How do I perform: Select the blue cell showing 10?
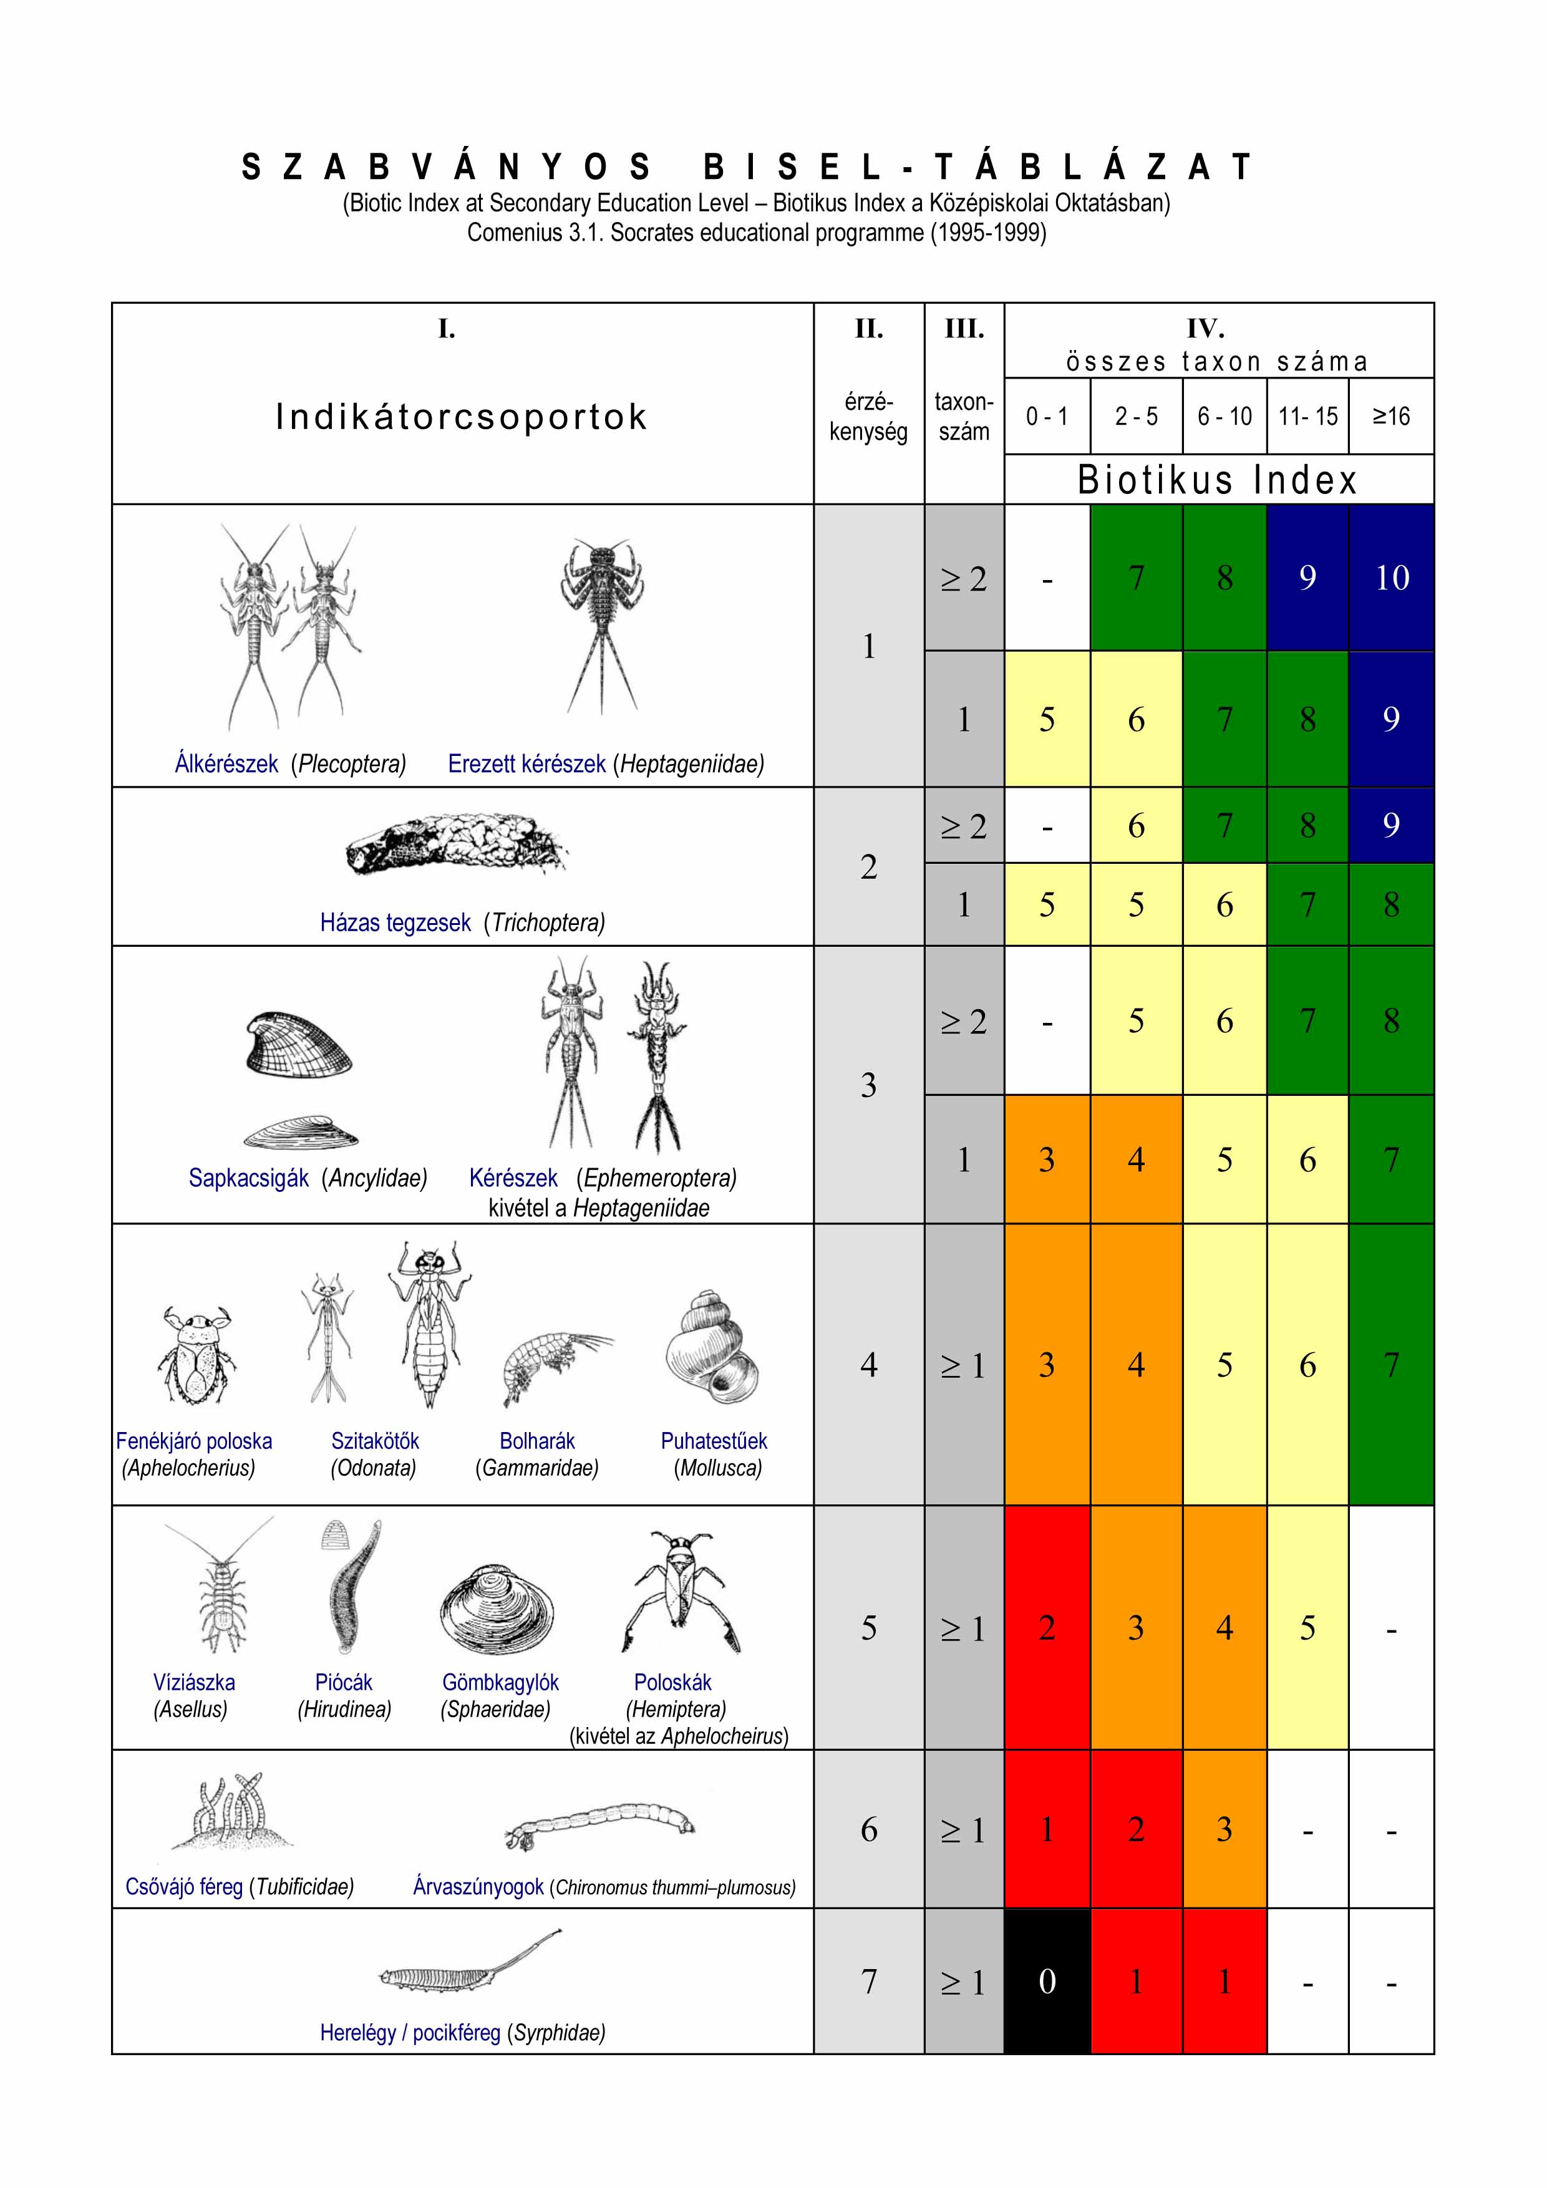1392,578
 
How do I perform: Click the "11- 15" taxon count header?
1307,417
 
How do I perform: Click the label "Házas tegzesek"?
395,922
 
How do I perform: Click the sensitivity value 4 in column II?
868,1365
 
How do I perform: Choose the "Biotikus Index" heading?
1217,480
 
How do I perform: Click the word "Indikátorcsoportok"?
462,417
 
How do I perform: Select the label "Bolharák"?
536,1441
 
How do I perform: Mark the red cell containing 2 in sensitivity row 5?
1047,1628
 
